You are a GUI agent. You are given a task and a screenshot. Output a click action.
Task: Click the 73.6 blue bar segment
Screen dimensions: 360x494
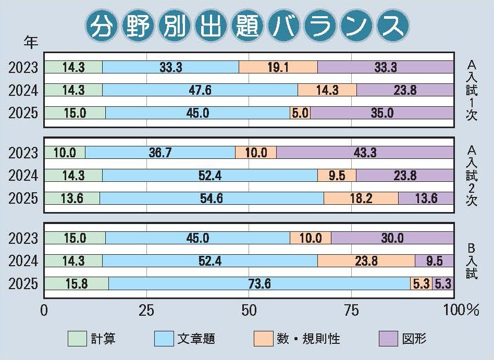260,283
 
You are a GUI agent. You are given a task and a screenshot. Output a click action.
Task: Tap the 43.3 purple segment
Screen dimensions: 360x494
365,153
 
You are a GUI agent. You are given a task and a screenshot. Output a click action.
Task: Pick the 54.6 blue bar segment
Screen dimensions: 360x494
212,198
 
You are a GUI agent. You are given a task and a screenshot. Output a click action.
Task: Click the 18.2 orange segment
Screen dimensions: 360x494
361,198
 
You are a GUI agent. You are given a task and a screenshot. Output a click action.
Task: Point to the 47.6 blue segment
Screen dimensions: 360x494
200,90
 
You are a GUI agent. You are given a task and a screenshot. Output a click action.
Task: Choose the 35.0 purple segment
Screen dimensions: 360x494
381,113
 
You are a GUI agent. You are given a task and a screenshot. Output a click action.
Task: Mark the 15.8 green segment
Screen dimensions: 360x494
76,283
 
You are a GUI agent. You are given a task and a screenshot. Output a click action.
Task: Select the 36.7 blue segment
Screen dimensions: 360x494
160,153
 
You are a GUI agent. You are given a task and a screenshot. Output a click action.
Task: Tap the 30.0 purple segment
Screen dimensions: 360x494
392,238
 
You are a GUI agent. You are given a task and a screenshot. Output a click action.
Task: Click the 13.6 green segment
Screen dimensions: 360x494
72,198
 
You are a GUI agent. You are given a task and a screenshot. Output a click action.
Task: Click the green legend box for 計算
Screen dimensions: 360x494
77,339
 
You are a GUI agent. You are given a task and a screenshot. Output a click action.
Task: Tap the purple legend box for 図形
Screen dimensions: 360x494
388,339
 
